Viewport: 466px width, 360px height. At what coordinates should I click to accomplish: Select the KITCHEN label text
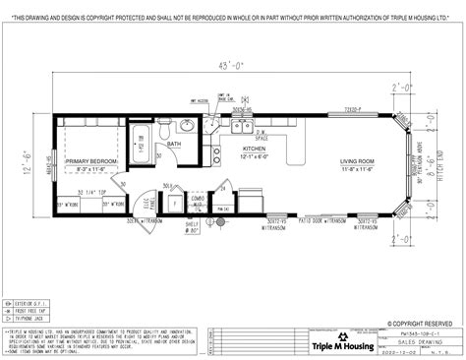[254, 150]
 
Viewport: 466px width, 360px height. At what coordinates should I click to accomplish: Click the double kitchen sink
[239, 127]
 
